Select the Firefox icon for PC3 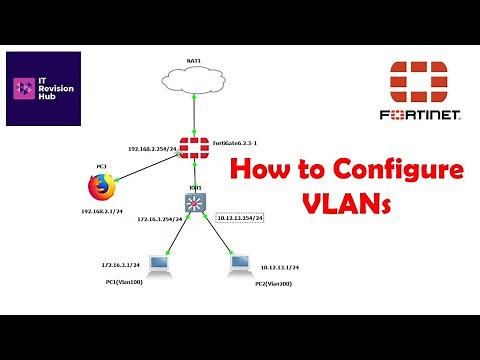tap(97, 187)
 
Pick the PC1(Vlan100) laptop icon tap(156, 265)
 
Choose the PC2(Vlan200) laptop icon tap(239, 265)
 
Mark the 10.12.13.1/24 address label tap(280, 267)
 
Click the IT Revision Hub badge tap(44, 90)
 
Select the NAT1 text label tap(194, 61)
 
